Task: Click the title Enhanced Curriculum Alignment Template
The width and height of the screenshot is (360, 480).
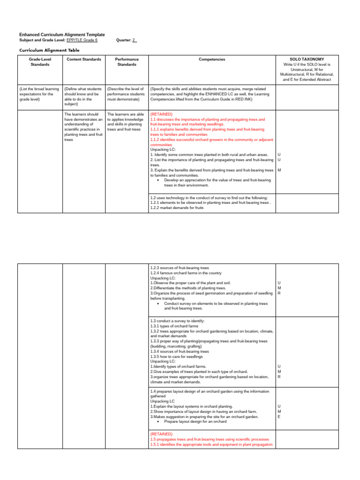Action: (x=62, y=35)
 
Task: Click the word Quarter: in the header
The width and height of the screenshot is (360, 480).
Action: (x=124, y=40)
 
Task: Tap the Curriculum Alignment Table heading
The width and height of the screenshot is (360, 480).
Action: (x=49, y=50)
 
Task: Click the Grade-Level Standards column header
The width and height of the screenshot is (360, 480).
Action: (x=40, y=62)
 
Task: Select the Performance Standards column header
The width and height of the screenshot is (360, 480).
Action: (x=127, y=62)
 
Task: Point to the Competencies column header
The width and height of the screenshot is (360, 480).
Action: (x=212, y=60)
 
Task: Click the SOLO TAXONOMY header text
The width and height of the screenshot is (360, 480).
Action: (x=307, y=60)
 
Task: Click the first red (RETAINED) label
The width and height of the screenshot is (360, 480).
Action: (x=161, y=114)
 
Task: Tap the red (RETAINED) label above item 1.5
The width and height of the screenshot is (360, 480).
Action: (x=161, y=434)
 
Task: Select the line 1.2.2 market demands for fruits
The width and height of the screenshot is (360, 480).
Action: (x=177, y=208)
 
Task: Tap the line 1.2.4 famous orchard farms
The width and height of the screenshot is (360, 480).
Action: (x=186, y=273)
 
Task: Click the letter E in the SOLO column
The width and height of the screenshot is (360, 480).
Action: (x=279, y=416)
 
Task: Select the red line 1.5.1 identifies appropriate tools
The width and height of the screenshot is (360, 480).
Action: (x=211, y=444)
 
